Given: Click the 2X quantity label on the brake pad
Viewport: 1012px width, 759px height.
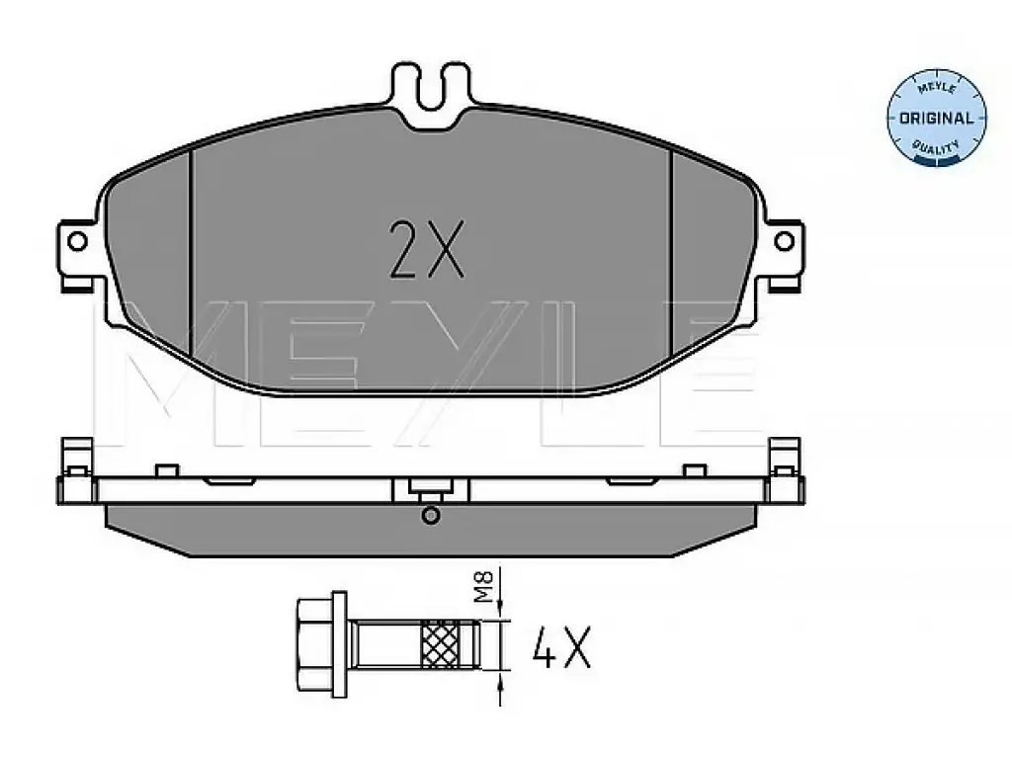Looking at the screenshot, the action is (x=426, y=250).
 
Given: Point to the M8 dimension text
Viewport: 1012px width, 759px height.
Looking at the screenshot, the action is (x=484, y=587).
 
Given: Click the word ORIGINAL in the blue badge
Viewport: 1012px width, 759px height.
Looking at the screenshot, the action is (x=936, y=119).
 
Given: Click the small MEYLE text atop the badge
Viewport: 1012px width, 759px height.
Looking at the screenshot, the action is (x=936, y=87).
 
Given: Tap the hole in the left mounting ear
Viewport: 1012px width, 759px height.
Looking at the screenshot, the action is (x=77, y=242).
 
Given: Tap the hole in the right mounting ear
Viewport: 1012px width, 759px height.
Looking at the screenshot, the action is (x=784, y=242).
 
